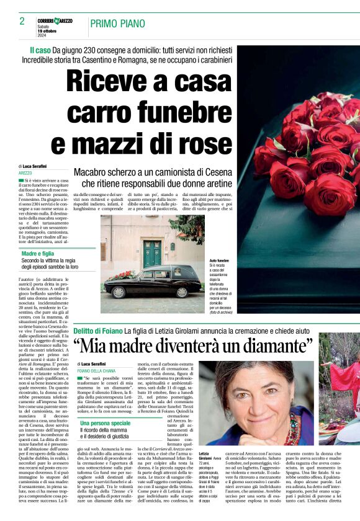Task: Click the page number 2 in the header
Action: (x=22, y=21)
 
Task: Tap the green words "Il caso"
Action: (x=40, y=49)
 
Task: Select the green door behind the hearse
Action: (x=152, y=254)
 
